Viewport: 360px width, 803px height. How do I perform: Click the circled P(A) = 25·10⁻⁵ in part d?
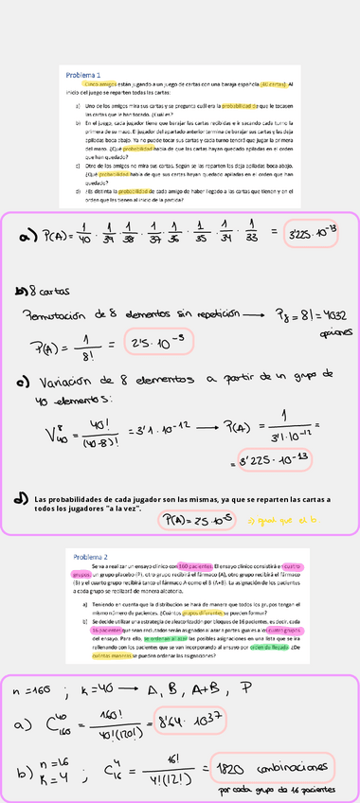point(189,519)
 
